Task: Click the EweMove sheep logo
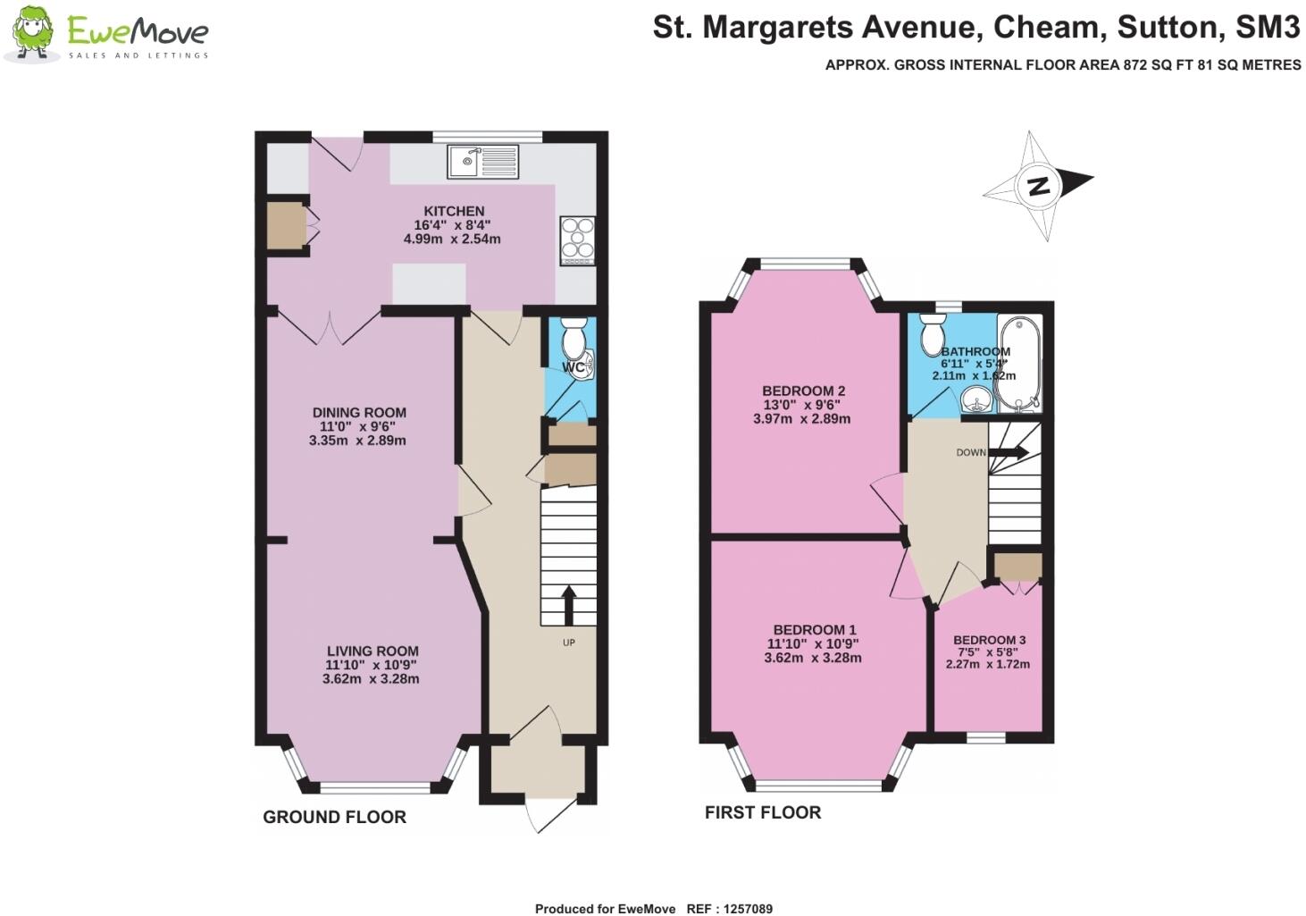[32, 34]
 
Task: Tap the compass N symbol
[1038, 187]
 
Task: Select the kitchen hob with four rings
[577, 240]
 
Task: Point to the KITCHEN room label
[454, 211]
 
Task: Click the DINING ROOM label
[359, 413]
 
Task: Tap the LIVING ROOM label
[373, 651]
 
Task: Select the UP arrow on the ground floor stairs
[568, 605]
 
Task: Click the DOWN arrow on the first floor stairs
[1008, 452]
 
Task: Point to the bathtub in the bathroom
[1018, 362]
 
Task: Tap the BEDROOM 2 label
[803, 391]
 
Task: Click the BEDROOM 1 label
[814, 630]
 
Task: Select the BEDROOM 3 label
[989, 640]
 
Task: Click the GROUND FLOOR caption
[334, 817]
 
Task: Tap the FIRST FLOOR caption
[763, 812]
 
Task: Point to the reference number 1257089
[741, 909]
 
